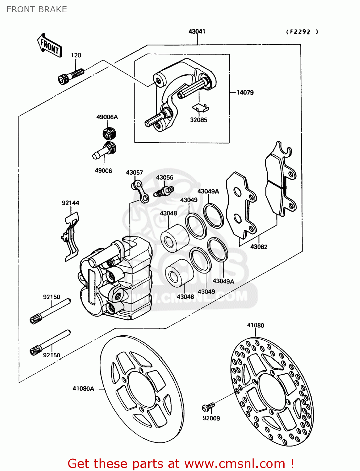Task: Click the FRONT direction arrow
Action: (50, 46)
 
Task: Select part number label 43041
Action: (197, 31)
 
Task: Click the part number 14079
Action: (245, 92)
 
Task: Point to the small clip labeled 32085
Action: (200, 108)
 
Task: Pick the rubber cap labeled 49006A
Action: (110, 133)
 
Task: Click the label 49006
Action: (103, 171)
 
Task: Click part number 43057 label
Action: (134, 172)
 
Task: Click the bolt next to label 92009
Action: (208, 407)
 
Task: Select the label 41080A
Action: (83, 388)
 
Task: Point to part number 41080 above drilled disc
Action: (255, 325)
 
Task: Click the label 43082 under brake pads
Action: (259, 247)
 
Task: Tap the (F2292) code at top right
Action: (302, 32)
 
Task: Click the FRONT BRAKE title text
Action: (37, 9)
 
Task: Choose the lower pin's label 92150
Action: (52, 355)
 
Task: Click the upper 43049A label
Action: (208, 191)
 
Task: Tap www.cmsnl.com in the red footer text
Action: (235, 463)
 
